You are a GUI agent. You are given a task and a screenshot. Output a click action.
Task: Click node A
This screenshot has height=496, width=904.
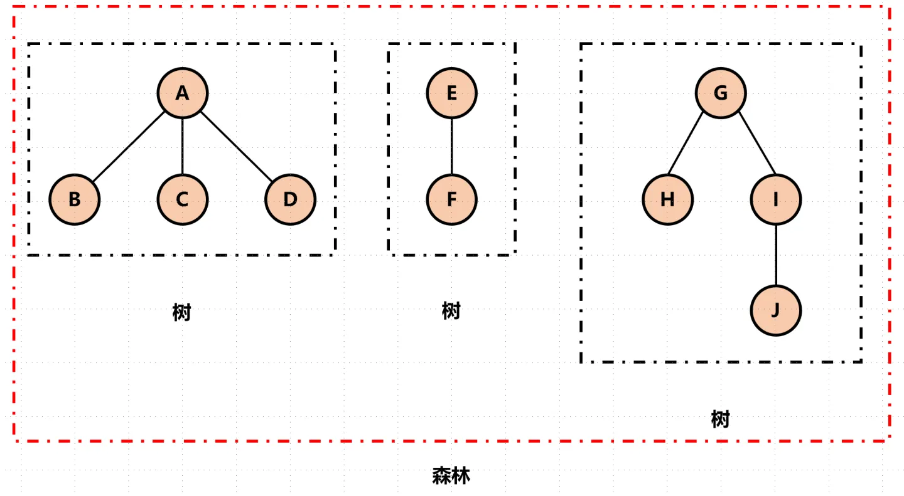pyautogui.click(x=182, y=93)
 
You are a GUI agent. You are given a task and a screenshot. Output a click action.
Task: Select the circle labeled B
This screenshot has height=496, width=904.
pyautogui.click(x=75, y=199)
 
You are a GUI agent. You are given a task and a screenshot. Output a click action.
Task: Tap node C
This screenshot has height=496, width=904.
pyautogui.click(x=182, y=199)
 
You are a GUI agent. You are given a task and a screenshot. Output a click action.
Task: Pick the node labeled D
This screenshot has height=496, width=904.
pyautogui.click(x=290, y=199)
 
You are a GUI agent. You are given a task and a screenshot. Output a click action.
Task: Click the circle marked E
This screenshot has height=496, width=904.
pyautogui.click(x=451, y=93)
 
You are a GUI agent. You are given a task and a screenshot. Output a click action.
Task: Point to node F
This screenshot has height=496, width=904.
pyautogui.click(x=451, y=199)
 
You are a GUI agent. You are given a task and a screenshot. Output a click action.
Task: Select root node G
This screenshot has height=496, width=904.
pyautogui.click(x=721, y=93)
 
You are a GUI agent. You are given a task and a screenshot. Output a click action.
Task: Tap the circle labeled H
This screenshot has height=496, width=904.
pyautogui.click(x=667, y=199)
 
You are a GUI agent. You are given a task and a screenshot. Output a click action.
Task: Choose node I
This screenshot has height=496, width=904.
pyautogui.click(x=776, y=199)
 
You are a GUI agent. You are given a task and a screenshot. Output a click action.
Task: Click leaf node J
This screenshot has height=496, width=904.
pyautogui.click(x=776, y=310)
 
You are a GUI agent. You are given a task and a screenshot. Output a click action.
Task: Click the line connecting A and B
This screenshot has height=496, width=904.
pyautogui.click(x=129, y=147)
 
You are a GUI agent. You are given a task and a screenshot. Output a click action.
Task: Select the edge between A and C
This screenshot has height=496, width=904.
pyautogui.click(x=182, y=146)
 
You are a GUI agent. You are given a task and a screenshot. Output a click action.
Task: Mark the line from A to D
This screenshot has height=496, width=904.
pyautogui.click(x=236, y=147)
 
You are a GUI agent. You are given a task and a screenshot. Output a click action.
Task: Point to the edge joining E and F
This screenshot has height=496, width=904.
pyautogui.click(x=451, y=146)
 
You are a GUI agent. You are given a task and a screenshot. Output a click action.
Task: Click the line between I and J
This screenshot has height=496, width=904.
pyautogui.click(x=776, y=255)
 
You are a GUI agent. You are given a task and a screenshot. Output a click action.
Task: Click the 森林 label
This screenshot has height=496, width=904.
pyautogui.click(x=451, y=476)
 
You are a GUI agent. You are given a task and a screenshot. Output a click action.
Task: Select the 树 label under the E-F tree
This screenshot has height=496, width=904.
pyautogui.click(x=451, y=310)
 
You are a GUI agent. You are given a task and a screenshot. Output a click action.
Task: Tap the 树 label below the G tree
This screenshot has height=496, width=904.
pyautogui.click(x=720, y=419)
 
